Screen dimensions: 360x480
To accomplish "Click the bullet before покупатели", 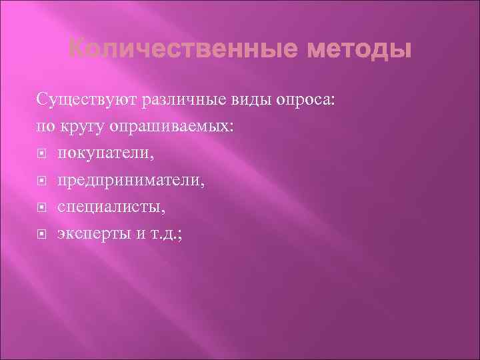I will pyautogui.click(x=42, y=154).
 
